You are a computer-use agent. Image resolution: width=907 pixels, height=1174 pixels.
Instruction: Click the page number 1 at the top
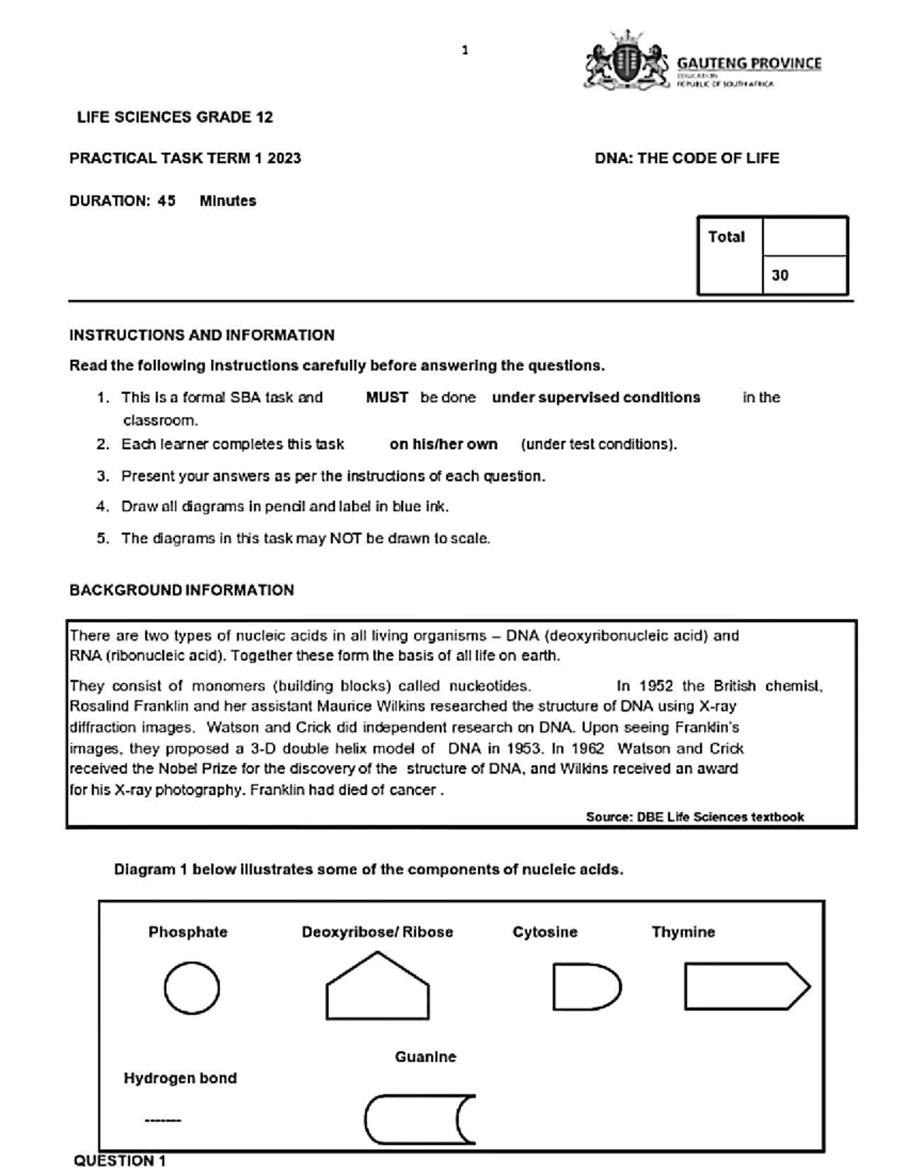pyautogui.click(x=465, y=51)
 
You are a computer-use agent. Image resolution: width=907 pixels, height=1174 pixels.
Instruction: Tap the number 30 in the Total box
pyautogui.click(x=780, y=275)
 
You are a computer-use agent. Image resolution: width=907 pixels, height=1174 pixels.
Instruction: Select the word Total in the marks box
pyautogui.click(x=726, y=237)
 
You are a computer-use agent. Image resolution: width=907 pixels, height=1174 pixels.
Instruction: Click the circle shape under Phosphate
pyautogui.click(x=192, y=988)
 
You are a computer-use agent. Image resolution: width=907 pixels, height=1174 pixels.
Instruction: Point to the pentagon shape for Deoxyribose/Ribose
pyautogui.click(x=377, y=987)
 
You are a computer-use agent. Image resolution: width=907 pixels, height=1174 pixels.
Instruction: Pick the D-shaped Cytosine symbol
pyautogui.click(x=586, y=987)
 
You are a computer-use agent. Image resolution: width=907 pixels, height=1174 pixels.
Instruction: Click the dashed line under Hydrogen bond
pyautogui.click(x=163, y=1120)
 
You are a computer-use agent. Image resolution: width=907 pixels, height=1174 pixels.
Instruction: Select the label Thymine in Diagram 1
pyautogui.click(x=683, y=932)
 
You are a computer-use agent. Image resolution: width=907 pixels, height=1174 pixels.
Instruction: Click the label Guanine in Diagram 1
pyautogui.click(x=426, y=1057)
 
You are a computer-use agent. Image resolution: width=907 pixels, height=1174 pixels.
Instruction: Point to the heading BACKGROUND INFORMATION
pyautogui.click(x=181, y=590)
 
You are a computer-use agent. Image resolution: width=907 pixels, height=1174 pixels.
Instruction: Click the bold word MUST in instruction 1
pyautogui.click(x=387, y=398)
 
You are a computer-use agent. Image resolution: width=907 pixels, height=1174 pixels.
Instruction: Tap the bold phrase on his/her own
pyautogui.click(x=444, y=445)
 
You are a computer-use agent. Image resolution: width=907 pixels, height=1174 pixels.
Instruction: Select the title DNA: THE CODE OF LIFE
pyautogui.click(x=686, y=158)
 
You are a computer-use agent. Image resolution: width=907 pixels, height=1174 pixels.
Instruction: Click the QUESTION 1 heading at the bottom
pyautogui.click(x=119, y=1161)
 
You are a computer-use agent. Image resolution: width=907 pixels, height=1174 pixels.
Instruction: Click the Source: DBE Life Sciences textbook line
pyautogui.click(x=695, y=816)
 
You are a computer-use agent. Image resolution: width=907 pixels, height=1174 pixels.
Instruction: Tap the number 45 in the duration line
pyautogui.click(x=166, y=201)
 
